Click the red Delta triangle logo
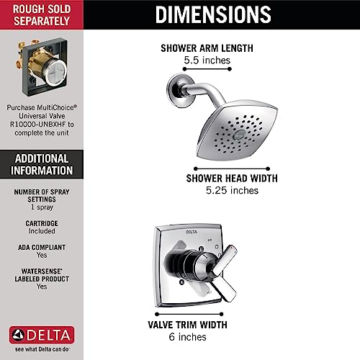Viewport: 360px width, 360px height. tap(15, 335)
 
